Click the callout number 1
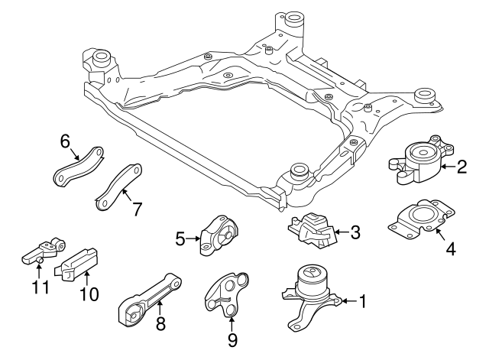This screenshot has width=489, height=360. (x=362, y=302)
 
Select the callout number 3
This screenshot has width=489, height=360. (x=355, y=231)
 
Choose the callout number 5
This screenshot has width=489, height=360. (x=180, y=239)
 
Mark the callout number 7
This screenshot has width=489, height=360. (x=137, y=209)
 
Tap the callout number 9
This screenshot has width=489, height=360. (x=232, y=337)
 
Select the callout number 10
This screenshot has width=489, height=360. (x=89, y=294)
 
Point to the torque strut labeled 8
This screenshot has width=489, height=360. (x=154, y=294)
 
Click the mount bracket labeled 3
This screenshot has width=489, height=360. (x=313, y=230)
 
